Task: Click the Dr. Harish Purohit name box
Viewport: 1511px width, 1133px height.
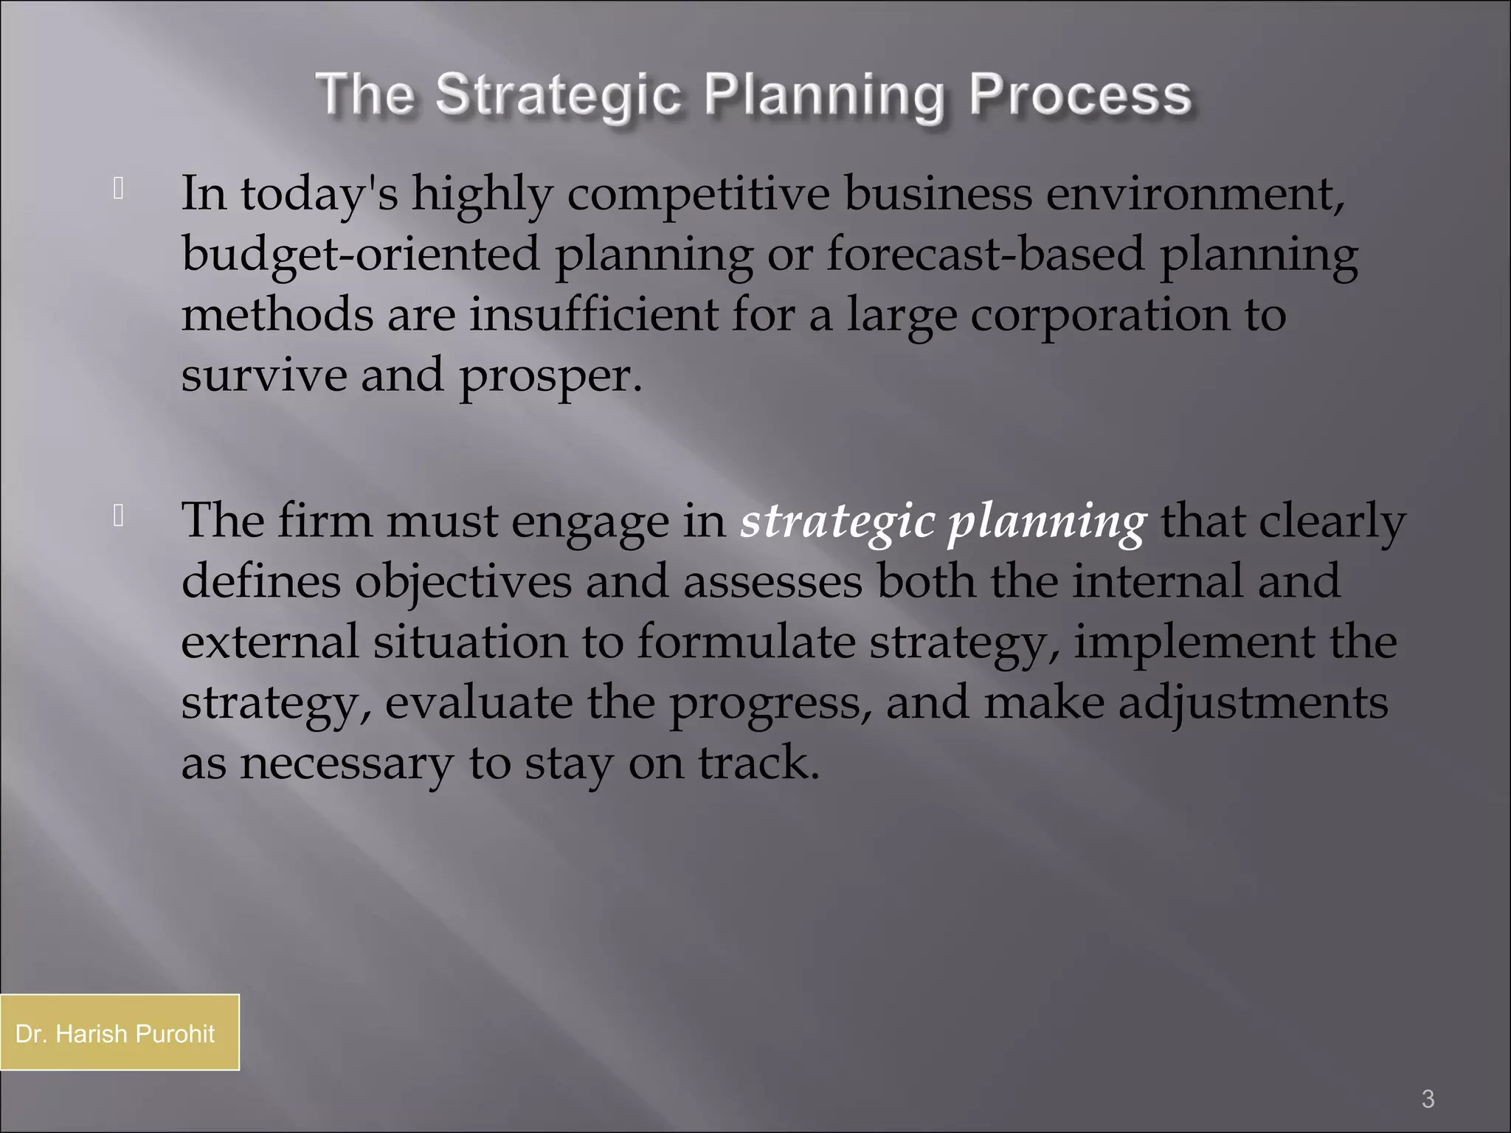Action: (119, 1033)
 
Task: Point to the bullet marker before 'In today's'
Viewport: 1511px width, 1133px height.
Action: (118, 190)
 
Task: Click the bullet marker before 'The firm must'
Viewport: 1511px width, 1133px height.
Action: (118, 517)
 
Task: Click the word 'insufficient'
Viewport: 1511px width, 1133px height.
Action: (593, 314)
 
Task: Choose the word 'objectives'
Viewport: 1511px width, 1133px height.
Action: (463, 582)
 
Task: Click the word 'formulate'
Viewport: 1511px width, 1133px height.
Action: (746, 642)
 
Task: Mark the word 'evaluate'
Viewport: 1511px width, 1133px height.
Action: (478, 702)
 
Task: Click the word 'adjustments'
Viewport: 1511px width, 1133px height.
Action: (1253, 703)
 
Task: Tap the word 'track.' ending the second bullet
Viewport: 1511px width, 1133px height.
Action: (759, 763)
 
